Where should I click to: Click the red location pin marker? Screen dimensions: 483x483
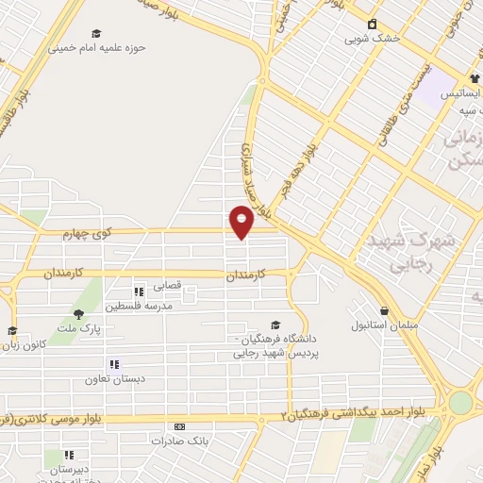(242, 223)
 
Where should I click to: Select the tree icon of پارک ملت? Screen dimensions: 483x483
(78, 314)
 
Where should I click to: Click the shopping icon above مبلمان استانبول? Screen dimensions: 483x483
(384, 310)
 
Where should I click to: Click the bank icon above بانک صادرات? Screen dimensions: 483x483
(179, 426)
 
